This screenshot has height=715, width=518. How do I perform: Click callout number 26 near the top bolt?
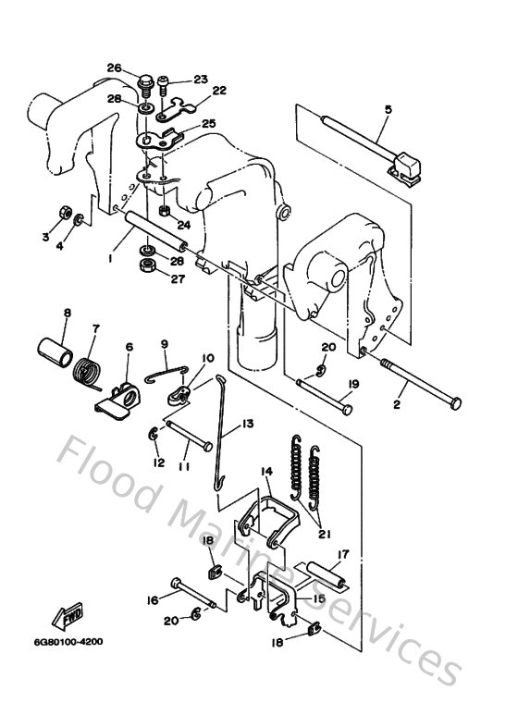click(114, 68)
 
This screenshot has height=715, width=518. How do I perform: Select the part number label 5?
click(388, 110)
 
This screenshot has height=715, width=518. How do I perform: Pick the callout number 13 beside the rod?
click(247, 424)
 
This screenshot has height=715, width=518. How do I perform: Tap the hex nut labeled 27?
click(146, 269)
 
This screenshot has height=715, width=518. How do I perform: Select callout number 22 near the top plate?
click(218, 91)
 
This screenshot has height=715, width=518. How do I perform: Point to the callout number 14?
click(265, 472)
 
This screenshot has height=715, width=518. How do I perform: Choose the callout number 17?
click(342, 556)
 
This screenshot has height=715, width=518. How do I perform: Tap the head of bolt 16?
click(176, 585)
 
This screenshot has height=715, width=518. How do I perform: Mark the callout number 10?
click(207, 358)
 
